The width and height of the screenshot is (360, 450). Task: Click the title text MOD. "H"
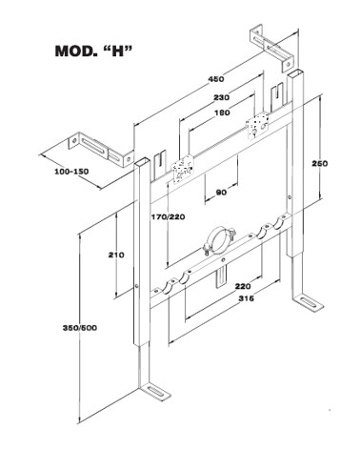pos(93,51)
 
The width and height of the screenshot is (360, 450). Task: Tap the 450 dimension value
pos(216,78)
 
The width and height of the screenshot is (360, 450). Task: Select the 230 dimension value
pos(221,97)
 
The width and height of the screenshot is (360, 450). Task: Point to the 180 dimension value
pos(222,112)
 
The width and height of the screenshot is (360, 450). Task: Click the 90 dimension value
pos(221,193)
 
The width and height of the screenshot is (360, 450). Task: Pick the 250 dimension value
pos(319,163)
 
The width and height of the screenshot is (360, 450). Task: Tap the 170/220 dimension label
pos(168,217)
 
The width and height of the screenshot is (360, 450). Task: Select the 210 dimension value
pos(116,255)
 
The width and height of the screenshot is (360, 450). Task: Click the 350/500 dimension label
pos(80,328)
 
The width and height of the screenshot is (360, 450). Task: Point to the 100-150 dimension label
pos(71,172)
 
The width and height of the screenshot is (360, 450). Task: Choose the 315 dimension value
pos(247,298)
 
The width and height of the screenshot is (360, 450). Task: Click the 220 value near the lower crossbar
pos(243,286)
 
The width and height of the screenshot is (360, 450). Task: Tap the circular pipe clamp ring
pos(219,240)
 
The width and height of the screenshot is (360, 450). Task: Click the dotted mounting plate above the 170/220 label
pos(183,168)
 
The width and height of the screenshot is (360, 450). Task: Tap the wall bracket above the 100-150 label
pos(102,150)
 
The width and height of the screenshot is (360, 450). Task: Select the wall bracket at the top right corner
pos(273,47)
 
